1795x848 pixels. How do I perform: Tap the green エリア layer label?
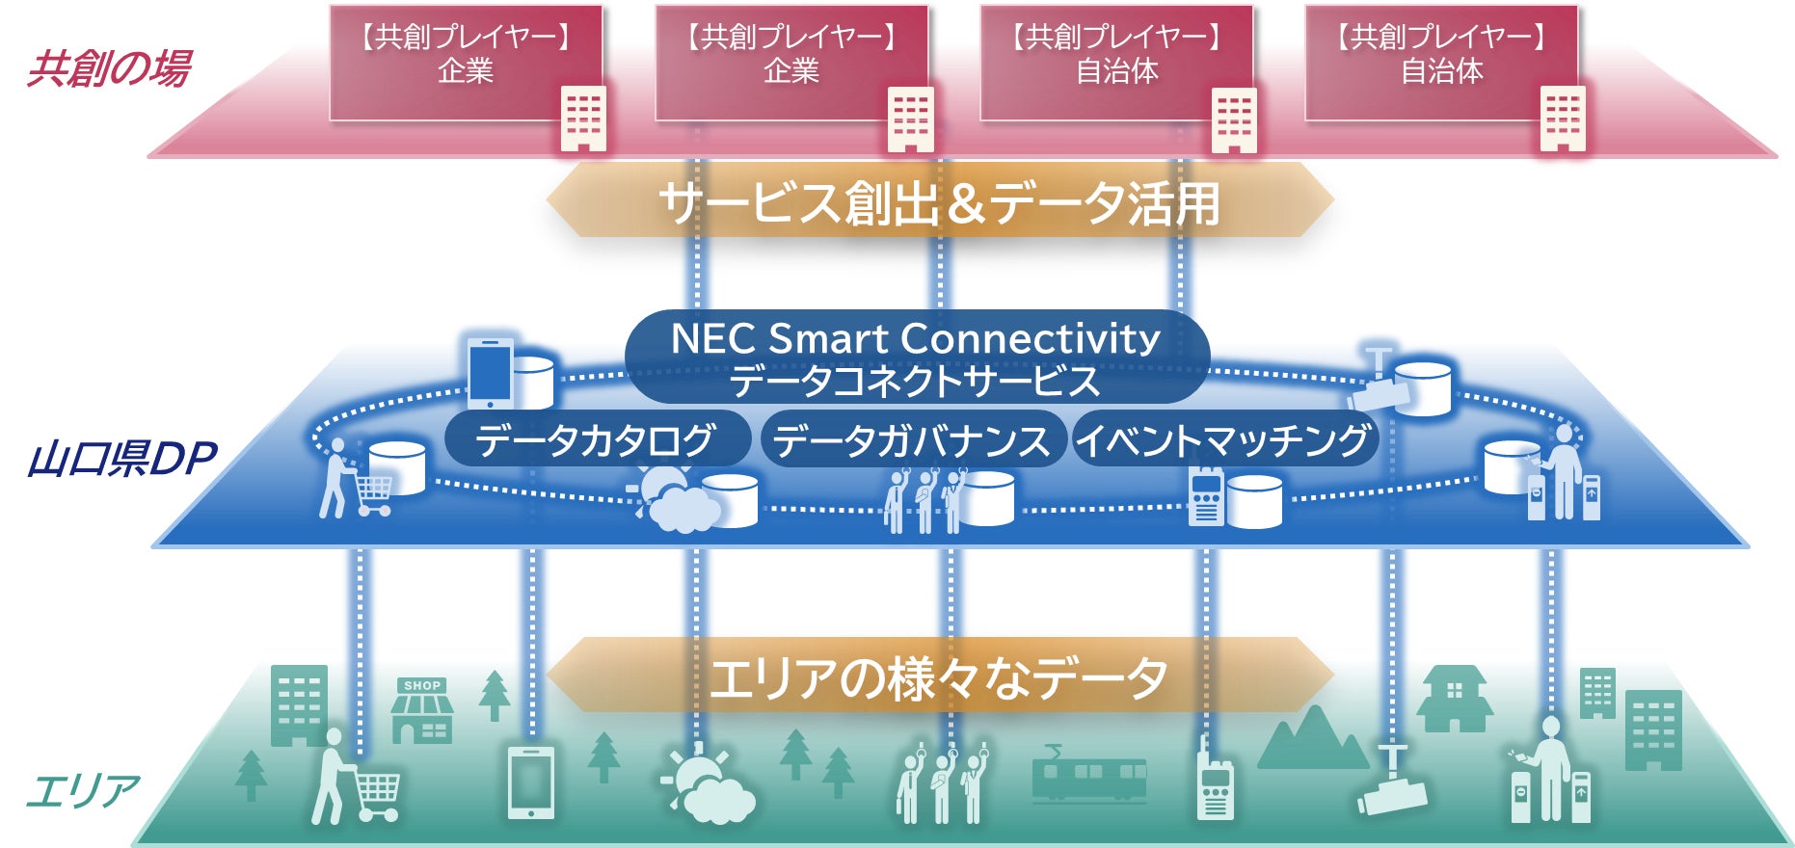tap(83, 791)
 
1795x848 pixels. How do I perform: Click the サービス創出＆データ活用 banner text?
tap(939, 203)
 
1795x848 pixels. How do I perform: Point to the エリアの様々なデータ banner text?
tap(939, 677)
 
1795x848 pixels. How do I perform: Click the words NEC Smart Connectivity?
tap(915, 338)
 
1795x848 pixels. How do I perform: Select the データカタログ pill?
tap(596, 440)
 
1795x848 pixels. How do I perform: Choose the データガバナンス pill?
tap(911, 440)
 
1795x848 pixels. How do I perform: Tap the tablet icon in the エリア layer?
tap(531, 782)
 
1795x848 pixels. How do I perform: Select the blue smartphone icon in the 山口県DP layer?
tap(490, 372)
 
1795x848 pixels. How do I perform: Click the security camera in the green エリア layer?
tap(1392, 785)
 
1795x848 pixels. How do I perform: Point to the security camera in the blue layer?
tap(1379, 384)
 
